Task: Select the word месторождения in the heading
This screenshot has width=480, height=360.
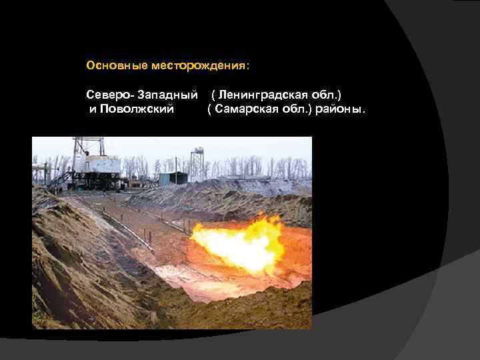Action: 198,66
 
